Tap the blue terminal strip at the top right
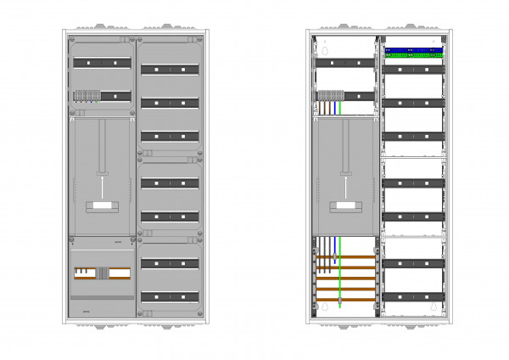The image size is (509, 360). tap(413, 50)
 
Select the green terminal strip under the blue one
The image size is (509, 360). tap(413, 56)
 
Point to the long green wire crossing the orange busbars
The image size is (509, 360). tap(340, 280)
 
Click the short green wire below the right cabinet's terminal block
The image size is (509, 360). tap(340, 108)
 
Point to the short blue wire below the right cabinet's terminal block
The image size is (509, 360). tap(337, 108)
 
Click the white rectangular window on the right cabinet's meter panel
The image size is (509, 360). tap(346, 206)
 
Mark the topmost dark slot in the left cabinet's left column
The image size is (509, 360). tap(101, 63)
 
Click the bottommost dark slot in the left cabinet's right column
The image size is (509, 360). tap(170, 297)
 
